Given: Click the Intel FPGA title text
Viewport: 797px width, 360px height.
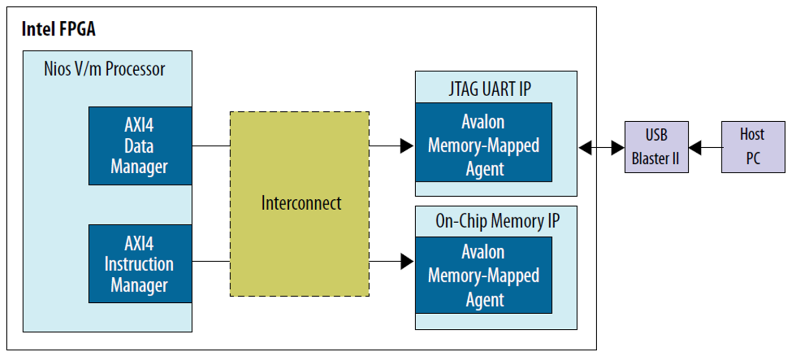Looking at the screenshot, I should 58,30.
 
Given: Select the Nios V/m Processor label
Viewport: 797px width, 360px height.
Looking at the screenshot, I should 104,69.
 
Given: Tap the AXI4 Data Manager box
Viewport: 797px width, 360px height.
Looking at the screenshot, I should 139,146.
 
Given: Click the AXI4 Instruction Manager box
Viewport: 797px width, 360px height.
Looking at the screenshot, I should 139,264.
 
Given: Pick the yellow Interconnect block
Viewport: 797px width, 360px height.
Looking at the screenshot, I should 300,203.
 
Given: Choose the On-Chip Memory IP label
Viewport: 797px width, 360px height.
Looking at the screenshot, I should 497,221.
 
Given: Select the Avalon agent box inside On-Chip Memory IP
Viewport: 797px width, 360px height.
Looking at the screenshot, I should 483,275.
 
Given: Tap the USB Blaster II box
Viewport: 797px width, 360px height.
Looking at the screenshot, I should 655,147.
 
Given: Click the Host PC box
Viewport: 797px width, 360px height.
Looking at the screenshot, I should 752,147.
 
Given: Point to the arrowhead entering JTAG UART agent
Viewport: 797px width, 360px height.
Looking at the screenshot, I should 407,146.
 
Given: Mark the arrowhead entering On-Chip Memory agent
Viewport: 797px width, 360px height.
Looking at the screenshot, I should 407,262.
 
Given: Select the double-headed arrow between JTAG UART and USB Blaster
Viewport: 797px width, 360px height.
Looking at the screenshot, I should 601,148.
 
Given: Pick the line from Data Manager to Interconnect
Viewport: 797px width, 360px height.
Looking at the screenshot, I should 211,146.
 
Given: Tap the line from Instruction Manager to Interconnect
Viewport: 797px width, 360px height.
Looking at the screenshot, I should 211,262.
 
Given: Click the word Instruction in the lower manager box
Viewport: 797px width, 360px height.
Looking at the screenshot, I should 139,264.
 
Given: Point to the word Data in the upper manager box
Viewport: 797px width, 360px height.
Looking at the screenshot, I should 139,146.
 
